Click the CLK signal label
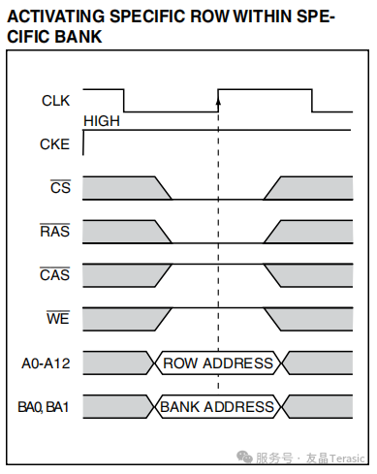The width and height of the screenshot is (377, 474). pos(55,101)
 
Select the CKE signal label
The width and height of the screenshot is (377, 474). pos(54,144)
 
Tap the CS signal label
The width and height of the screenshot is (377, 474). pos(60,187)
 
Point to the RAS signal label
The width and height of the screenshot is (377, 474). pos(54,231)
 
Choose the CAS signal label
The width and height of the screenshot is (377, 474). pos(54,274)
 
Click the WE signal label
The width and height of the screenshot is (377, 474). pos(58,318)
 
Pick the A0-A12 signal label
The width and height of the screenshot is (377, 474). pos(46,363)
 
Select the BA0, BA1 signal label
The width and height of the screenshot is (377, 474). pos(44,407)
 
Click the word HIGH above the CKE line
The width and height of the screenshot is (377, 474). pos(102,121)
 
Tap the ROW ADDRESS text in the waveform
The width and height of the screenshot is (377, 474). pos(218,363)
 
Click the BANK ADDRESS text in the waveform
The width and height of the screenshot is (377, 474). pos(217,407)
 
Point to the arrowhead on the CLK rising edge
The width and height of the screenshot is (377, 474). pos(218,101)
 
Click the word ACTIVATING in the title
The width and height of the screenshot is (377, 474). pos(56,16)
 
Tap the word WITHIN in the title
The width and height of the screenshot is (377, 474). pos(263,16)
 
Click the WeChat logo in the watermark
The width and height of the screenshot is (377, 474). pos(244,457)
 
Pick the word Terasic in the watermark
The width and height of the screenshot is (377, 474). pos(347,458)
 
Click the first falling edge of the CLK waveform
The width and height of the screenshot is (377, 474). pos(124,101)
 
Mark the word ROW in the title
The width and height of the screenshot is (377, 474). pos(209,16)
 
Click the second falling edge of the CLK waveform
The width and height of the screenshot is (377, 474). pos(312,101)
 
